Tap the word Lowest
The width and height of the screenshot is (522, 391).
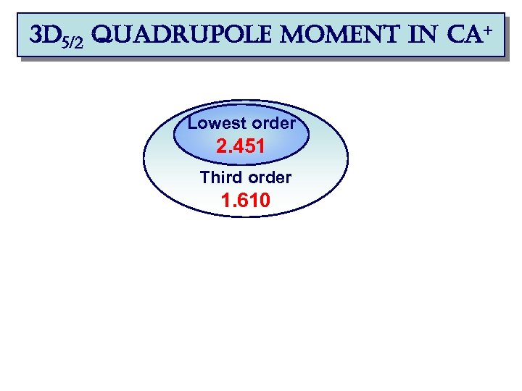pos(213,123)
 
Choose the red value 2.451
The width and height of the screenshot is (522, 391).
pos(241,148)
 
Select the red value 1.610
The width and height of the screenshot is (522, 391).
pos(246,201)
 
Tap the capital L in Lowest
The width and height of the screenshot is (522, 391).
pos(192,123)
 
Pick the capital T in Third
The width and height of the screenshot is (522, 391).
pos(204,177)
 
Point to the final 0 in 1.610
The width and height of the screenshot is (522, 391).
pos(265,201)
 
